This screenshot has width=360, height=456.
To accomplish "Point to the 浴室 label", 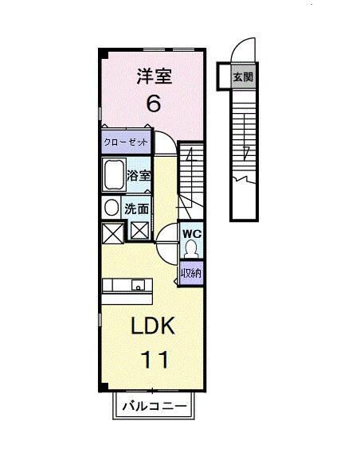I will point(139,177).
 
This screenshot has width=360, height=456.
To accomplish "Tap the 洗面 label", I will point(136,209).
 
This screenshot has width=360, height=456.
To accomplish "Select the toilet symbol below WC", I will point(191,251).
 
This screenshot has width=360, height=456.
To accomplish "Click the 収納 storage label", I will point(191,273).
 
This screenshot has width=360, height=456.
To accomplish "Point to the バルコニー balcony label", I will point(155,407).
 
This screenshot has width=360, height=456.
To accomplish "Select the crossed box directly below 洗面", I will point(139,233).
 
